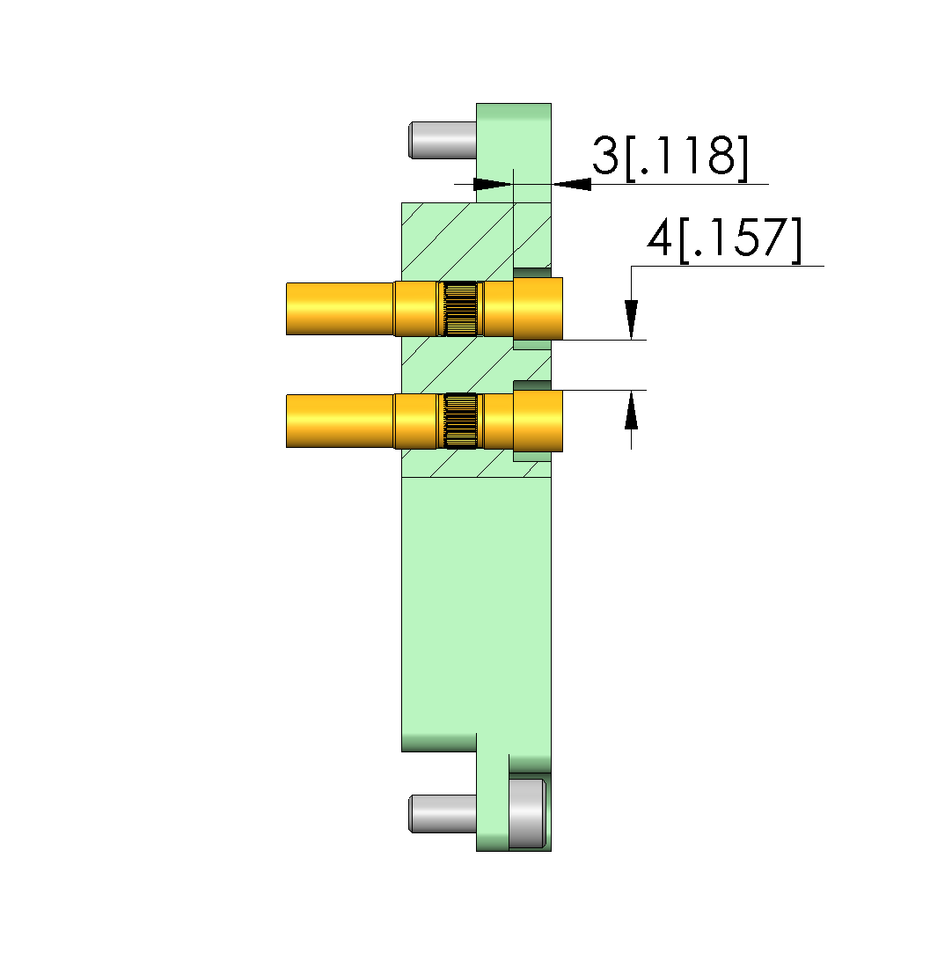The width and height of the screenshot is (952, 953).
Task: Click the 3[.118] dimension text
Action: point(670,157)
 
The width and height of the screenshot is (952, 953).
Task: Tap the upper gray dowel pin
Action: point(443,141)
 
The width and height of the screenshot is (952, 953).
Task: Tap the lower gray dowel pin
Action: point(443,814)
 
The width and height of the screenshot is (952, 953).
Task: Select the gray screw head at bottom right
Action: point(527,813)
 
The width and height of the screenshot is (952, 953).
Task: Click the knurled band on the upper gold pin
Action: point(460,308)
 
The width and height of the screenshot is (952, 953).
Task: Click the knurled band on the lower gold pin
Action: point(460,421)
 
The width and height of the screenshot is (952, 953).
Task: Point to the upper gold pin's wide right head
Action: point(538,308)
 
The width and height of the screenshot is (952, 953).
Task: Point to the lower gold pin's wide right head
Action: point(538,421)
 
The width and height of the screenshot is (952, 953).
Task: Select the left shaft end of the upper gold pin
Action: point(341,309)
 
